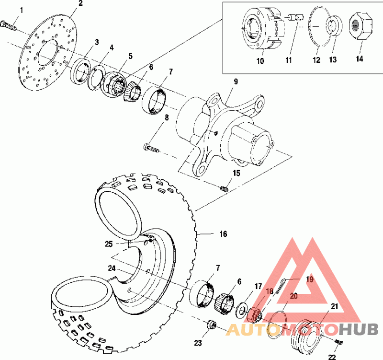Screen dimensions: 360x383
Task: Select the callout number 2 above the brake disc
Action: point(80,3)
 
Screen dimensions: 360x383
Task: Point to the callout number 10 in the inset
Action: point(260,62)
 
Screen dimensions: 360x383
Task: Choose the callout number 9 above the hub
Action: point(236,82)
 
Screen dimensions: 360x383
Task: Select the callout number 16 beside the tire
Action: point(223,234)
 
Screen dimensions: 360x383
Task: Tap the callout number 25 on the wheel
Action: point(109,244)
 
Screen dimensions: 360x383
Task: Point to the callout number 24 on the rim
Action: point(111,268)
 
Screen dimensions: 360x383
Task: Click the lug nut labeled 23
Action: point(210,325)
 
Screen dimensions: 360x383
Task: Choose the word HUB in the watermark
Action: point(359,329)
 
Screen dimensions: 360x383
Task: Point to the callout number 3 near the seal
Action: point(97,42)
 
